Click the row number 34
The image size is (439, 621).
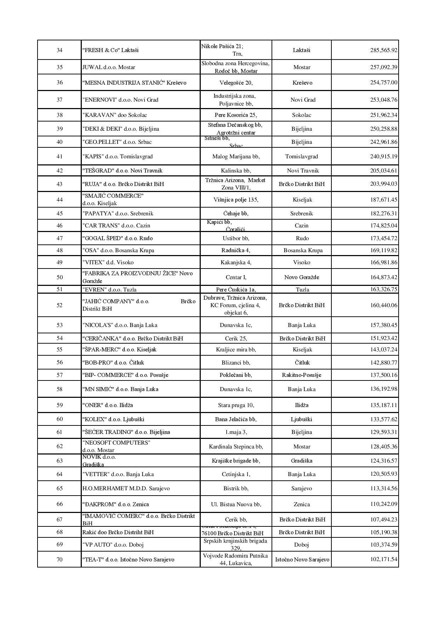[59, 50]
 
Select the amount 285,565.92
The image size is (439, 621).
[384, 50]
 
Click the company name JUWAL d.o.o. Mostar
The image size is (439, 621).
[109, 67]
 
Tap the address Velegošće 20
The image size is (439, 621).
[236, 83]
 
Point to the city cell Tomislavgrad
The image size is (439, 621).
[302, 156]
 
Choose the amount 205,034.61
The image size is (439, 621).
[384, 170]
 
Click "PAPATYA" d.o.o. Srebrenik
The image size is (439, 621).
[118, 213]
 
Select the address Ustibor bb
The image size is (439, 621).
[236, 238]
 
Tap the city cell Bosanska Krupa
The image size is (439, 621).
[303, 250]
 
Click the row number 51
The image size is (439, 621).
[59, 289]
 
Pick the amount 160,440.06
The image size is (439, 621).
[384, 305]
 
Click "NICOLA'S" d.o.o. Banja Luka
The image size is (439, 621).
[120, 325]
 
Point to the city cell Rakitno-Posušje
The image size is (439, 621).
[302, 375]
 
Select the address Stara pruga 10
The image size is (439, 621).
[236, 405]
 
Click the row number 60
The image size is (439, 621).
[59, 419]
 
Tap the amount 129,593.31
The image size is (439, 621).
[384, 432]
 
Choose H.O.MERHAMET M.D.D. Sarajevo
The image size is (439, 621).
[126, 488]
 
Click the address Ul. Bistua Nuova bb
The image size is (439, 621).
[236, 504]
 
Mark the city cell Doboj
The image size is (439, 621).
[302, 544]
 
